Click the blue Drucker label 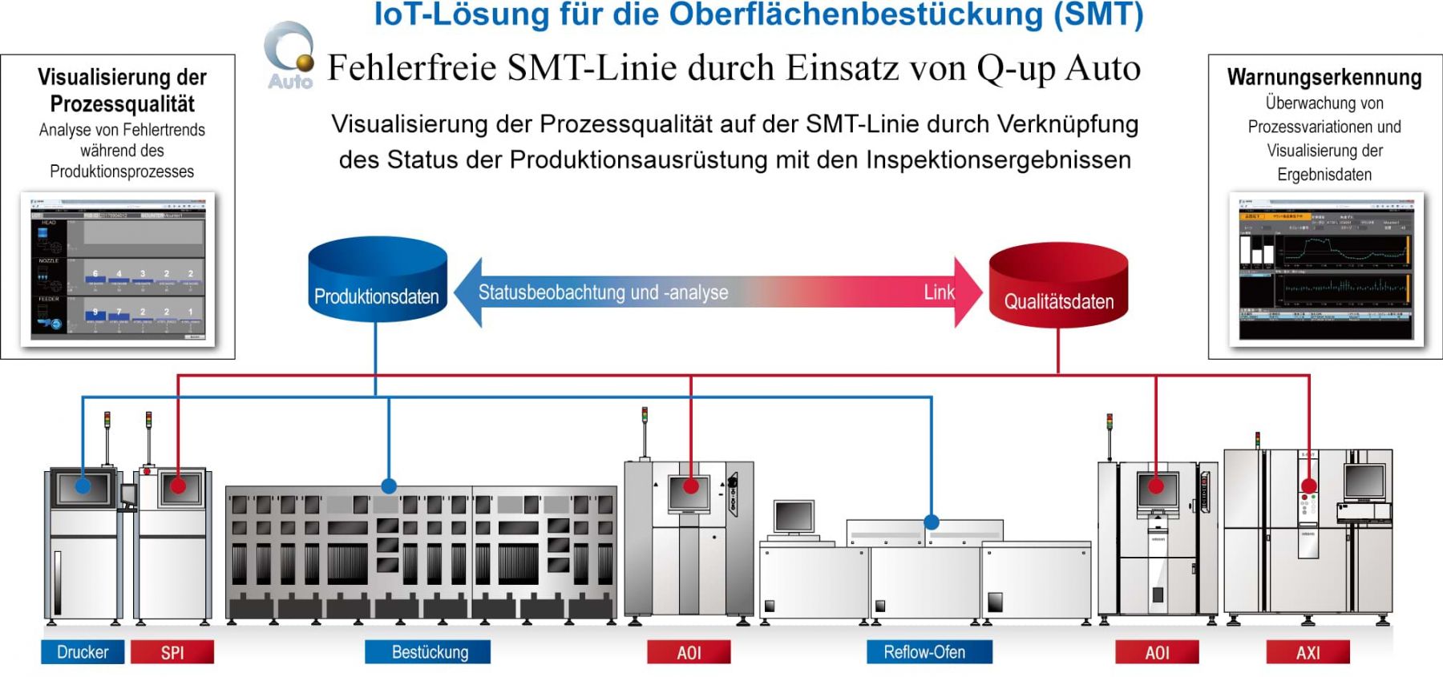tap(83, 652)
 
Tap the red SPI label tap(172, 652)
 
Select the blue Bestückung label tap(428, 652)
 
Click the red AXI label tap(1308, 652)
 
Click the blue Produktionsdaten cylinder tap(377, 280)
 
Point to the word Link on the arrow tap(939, 292)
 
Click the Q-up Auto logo tap(290, 56)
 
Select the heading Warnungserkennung tap(1324, 78)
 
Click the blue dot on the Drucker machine tap(83, 486)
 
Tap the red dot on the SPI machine tap(178, 486)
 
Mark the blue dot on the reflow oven tap(932, 522)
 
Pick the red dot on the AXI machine tap(1309, 486)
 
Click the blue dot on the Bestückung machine tap(389, 486)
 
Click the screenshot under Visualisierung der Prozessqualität tap(118, 268)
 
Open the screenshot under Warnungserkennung tap(1326, 268)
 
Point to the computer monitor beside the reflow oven tap(794, 517)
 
